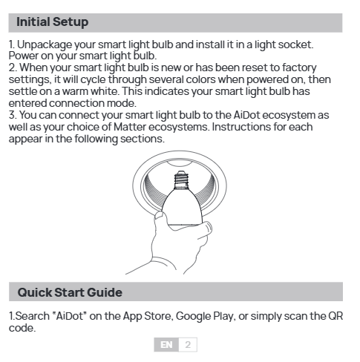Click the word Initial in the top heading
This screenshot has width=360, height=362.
[x=33, y=22]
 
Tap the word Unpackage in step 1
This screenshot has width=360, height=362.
[x=45, y=45]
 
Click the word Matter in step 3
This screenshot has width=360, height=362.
[x=130, y=127]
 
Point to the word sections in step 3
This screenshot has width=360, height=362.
[x=143, y=139]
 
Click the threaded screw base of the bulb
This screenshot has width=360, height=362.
[x=181, y=180]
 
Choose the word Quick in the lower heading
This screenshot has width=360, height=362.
[x=34, y=292]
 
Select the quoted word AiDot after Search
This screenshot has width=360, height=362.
[x=70, y=316]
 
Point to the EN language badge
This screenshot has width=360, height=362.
[x=166, y=345]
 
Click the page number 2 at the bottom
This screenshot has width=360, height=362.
[x=188, y=345]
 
